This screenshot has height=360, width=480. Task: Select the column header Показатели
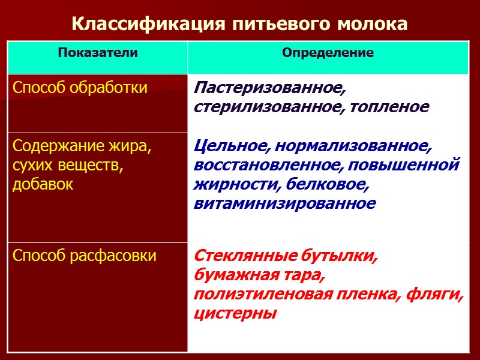(98, 53)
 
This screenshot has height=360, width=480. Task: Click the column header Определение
(328, 53)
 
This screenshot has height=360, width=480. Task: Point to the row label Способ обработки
(80, 88)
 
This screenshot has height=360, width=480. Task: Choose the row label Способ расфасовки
(84, 256)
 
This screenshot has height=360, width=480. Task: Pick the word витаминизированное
(284, 203)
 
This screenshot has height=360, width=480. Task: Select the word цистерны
(235, 313)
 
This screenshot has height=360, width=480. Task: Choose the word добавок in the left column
(43, 184)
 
